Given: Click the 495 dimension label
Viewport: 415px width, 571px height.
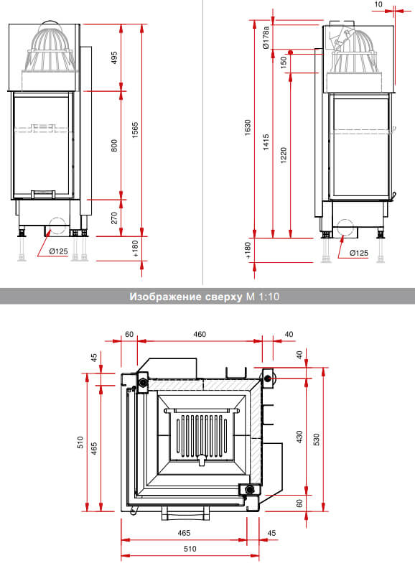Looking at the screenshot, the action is (114, 58).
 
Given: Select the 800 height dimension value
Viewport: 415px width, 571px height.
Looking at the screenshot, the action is (114, 145).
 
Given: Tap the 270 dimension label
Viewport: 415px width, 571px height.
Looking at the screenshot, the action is (114, 218).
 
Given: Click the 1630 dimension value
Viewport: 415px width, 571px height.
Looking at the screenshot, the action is (248, 127).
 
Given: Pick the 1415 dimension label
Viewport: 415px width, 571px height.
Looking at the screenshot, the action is (266, 142).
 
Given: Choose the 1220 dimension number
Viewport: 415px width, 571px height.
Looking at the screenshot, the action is (284, 155).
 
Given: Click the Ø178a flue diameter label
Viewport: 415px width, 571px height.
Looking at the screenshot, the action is (266, 37).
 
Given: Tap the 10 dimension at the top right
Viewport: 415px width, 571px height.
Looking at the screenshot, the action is (378, 4).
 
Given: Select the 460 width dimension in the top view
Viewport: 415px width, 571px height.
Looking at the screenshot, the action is (200, 334).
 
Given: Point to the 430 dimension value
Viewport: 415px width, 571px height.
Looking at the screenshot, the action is (299, 437).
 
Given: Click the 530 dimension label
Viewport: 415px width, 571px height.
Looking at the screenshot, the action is (317, 440).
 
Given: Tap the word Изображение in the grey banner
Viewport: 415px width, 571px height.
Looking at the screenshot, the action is (165, 297).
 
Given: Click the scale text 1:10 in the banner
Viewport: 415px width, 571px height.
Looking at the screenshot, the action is (269, 297).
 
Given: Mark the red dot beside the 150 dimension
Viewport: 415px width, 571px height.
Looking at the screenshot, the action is (291, 52).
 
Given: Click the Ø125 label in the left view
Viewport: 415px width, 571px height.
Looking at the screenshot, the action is (59, 251).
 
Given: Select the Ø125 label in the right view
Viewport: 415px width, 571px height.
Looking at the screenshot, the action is (358, 253).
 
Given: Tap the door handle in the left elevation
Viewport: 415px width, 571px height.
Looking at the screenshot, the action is (43, 194).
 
